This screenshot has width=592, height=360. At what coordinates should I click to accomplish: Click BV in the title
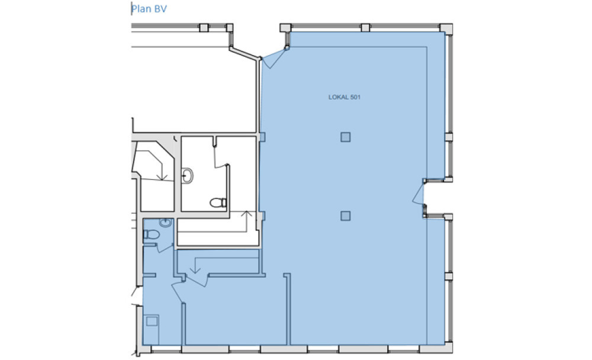[160, 9]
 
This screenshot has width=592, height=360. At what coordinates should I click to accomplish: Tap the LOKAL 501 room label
[345, 97]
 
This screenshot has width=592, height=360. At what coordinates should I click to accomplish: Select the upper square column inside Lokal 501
[346, 137]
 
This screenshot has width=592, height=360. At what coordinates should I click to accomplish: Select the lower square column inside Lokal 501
[346, 216]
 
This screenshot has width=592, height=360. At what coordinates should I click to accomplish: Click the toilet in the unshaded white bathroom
[218, 203]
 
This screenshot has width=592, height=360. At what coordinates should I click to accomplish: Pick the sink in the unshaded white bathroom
[187, 176]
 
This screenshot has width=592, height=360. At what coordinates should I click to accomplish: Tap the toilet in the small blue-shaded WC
[152, 234]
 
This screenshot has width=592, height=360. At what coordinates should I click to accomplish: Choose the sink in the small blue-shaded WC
[166, 223]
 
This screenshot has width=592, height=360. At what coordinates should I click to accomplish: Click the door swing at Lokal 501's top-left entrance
[274, 58]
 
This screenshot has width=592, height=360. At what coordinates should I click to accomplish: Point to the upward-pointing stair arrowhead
[246, 214]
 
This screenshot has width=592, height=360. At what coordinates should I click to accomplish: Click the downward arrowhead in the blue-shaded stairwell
[195, 270]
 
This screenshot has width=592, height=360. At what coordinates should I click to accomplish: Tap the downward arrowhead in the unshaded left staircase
[162, 177]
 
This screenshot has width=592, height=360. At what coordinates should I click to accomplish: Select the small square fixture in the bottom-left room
[152, 321]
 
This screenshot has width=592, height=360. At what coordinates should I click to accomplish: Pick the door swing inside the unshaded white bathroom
[220, 156]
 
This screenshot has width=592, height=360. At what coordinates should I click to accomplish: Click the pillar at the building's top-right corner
[446, 28]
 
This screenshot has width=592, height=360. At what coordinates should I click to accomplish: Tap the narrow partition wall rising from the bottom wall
[287, 309]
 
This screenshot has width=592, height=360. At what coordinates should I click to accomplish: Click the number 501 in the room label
[355, 97]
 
